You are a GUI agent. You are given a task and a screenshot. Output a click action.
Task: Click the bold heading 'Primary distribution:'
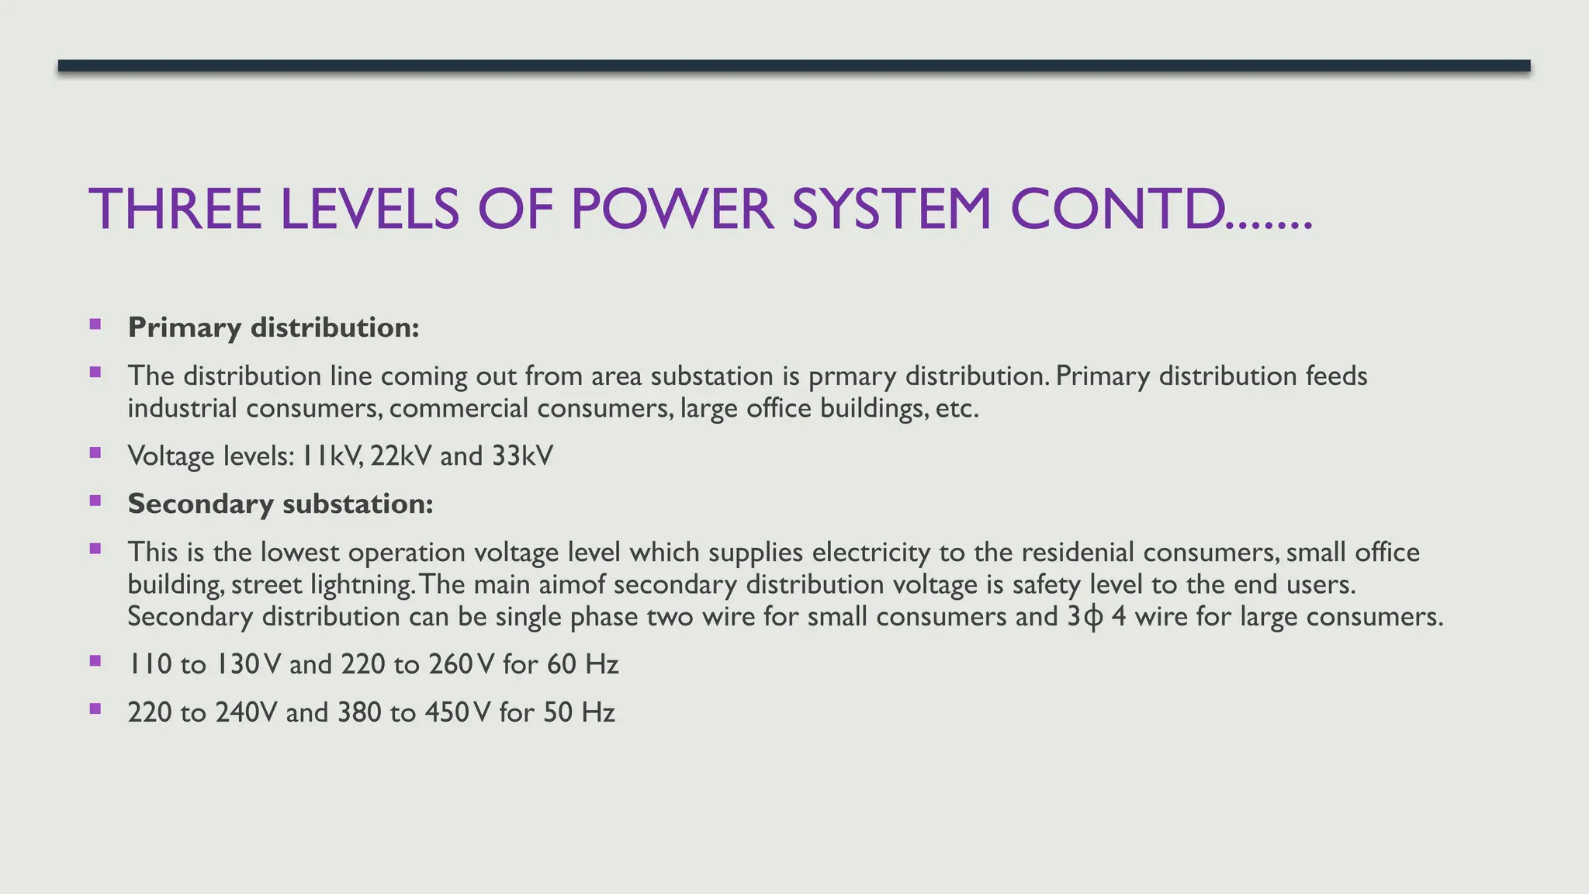click(x=273, y=327)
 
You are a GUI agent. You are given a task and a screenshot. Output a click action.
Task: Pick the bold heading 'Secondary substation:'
click(x=280, y=504)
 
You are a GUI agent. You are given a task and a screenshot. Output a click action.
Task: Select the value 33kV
click(x=522, y=456)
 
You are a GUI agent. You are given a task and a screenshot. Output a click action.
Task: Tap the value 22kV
click(x=400, y=456)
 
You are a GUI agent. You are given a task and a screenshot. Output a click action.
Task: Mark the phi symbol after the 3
click(x=1092, y=618)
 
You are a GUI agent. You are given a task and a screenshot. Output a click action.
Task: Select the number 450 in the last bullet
click(x=448, y=712)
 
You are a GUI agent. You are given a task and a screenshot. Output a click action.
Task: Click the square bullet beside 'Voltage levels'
click(x=95, y=452)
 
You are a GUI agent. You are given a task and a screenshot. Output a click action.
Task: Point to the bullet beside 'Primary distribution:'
click(x=95, y=324)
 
